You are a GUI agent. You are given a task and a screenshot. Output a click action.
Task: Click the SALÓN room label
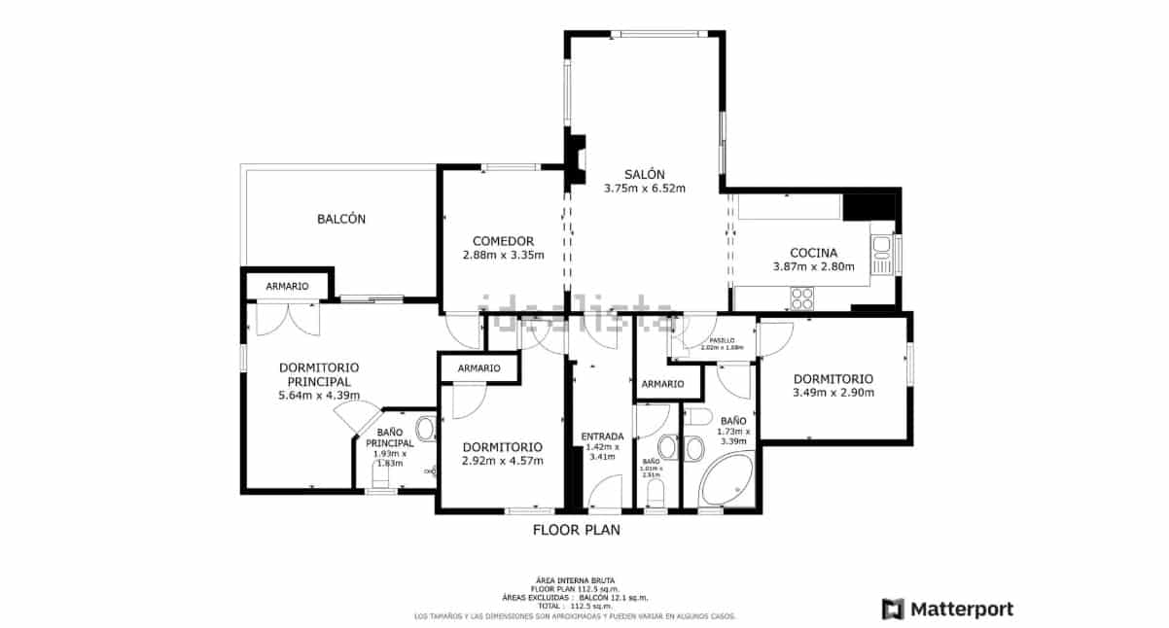(x=645, y=173)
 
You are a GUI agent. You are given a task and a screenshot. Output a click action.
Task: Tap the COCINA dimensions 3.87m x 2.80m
(x=813, y=267)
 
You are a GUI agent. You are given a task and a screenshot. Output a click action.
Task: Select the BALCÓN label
(x=341, y=220)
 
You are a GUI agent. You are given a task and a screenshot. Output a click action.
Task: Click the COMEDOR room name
(x=503, y=241)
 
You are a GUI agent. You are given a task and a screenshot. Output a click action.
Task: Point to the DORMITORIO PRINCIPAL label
(x=319, y=374)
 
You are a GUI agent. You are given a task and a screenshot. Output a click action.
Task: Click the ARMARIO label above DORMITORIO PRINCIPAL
(x=287, y=287)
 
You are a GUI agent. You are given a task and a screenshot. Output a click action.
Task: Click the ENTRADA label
(x=603, y=436)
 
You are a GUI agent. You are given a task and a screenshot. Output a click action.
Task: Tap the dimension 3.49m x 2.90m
(x=833, y=394)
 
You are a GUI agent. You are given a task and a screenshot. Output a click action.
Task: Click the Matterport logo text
(x=961, y=610)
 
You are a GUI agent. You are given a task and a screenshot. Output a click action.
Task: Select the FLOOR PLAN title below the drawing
(x=576, y=531)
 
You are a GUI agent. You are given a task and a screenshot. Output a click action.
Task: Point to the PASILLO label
(x=722, y=340)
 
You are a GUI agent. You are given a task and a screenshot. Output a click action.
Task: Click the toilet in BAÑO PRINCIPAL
(x=424, y=429)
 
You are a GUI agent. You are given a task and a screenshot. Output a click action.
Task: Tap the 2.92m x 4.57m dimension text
(x=503, y=461)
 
